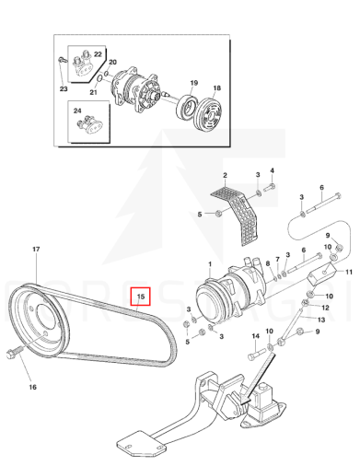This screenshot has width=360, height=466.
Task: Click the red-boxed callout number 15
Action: point(141,297)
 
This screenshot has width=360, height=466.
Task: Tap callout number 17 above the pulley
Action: point(36,249)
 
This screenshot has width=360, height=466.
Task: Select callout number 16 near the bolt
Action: point(33,387)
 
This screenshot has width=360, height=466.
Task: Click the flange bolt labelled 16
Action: point(14,352)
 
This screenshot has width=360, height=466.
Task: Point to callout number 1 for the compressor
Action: point(210,264)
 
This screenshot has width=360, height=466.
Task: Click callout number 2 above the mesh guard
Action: point(225,175)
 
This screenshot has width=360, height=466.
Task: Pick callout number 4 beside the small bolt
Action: point(272,170)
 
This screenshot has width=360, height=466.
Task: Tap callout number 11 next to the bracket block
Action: point(349,272)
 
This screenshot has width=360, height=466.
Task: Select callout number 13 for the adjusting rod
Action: point(321,320)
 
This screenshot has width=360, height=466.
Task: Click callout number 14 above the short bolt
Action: point(256,336)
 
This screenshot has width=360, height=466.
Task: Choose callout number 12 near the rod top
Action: point(325,308)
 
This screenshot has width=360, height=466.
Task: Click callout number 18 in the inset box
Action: point(216,87)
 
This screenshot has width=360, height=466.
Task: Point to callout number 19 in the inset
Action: point(194,83)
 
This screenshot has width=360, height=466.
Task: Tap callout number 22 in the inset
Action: point(98,54)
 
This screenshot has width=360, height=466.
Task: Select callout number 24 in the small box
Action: point(77,111)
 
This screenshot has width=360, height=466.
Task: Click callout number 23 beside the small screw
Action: point(64,89)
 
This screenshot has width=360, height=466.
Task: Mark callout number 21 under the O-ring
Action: point(93,92)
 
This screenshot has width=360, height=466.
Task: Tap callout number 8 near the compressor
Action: point(268,263)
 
